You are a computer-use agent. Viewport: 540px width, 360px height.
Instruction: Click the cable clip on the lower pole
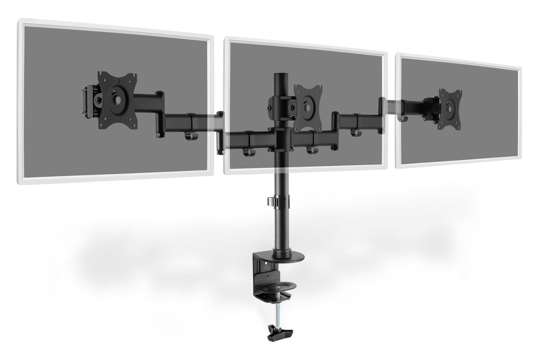pyautogui.click(x=276, y=201)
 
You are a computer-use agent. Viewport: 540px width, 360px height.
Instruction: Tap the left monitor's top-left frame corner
pyautogui.click(x=20, y=21)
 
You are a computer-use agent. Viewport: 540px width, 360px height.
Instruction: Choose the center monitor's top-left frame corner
pyautogui.click(x=226, y=40)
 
